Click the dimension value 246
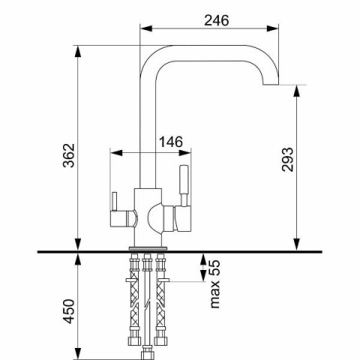(x=217, y=20)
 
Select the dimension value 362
(x=69, y=155)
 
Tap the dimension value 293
(x=287, y=160)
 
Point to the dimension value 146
(x=171, y=142)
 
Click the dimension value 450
(x=69, y=311)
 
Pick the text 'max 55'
(x=214, y=284)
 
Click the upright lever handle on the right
(x=184, y=185)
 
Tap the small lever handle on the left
(x=115, y=202)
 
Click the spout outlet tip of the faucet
(x=271, y=84)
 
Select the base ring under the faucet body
(x=148, y=248)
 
